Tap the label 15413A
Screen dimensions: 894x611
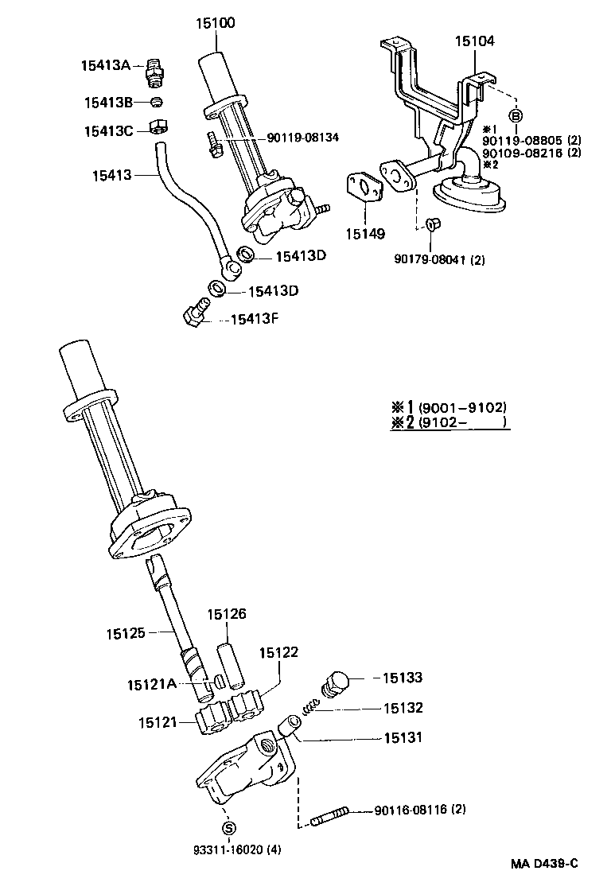tap(105, 65)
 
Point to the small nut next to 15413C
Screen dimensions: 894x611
tap(158, 127)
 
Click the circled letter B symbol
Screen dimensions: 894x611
tap(516, 116)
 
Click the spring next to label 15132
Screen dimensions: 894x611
tap(313, 705)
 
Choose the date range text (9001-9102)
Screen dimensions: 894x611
tap(461, 407)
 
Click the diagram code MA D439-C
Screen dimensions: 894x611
tap(544, 864)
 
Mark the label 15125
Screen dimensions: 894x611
tap(126, 633)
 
